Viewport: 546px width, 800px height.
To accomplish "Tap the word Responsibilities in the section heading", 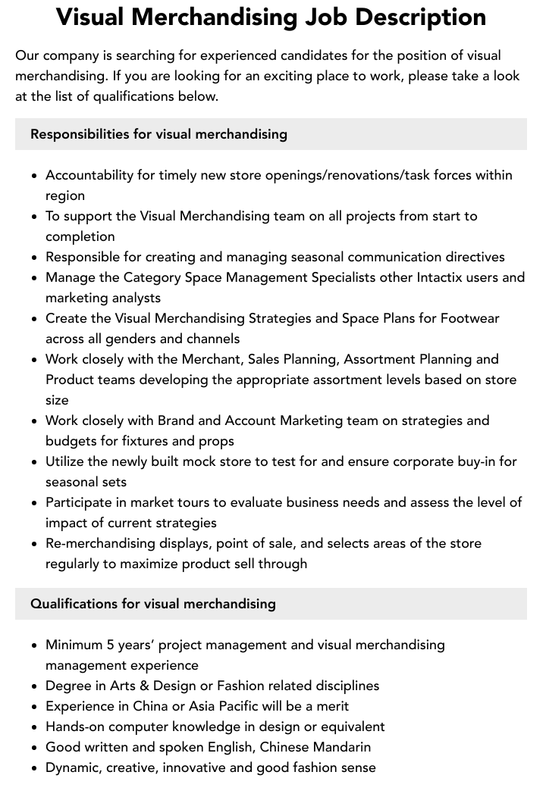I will pos(80,134).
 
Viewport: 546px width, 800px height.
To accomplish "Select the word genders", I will pos(127,339).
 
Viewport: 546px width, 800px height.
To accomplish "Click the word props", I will pos(218,441).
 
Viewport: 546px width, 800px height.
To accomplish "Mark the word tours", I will pos(190,502).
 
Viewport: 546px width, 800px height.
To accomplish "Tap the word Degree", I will pos(68,686).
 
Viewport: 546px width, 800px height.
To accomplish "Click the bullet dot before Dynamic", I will pos(34,768).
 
